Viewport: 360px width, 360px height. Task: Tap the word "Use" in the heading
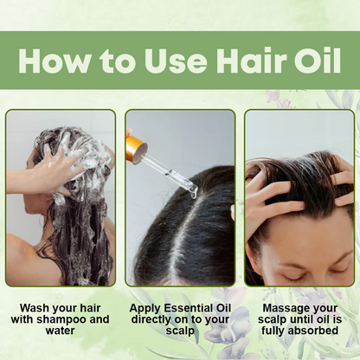[176, 61]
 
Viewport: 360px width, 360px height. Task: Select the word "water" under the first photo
[60, 331]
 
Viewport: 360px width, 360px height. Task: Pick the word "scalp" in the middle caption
[180, 331]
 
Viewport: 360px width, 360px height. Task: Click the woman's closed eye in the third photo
[293, 278]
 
